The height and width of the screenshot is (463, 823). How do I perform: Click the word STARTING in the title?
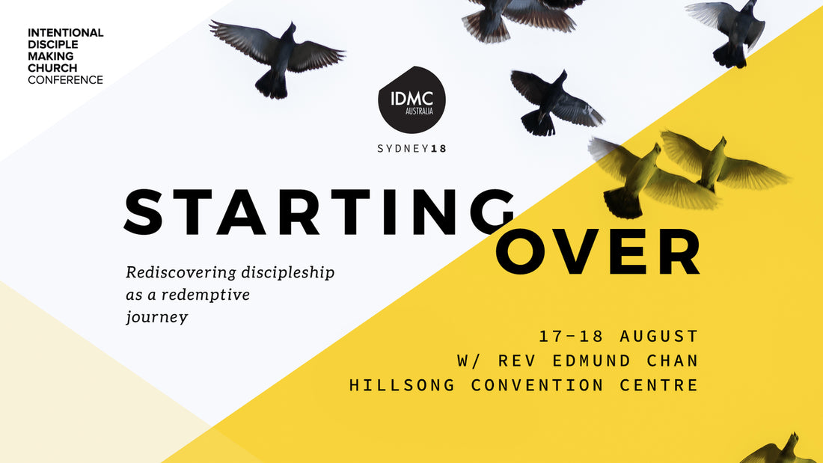point(319,212)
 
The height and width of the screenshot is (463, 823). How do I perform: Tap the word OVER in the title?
point(598,252)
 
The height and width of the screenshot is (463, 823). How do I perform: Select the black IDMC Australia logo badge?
point(412,99)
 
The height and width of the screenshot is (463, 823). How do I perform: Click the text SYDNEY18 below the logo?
point(412,149)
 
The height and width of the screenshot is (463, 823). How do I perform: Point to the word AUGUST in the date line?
point(658,336)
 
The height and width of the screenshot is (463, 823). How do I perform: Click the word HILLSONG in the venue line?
point(402,384)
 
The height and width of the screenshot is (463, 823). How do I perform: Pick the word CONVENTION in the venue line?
point(537,384)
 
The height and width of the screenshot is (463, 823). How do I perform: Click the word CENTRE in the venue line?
point(658,384)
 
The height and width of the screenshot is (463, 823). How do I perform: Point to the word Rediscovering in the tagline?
point(181,272)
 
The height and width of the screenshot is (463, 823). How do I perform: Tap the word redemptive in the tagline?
point(206,295)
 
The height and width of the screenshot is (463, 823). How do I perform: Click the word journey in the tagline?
point(157,318)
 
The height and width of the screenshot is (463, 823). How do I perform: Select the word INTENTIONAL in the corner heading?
point(66,33)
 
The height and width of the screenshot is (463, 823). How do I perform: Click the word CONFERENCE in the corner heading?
point(66,80)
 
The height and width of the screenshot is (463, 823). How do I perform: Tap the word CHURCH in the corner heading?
point(52,68)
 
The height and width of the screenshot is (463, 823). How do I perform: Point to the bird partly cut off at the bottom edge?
point(777,450)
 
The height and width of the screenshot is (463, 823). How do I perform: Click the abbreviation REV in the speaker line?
point(517,361)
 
